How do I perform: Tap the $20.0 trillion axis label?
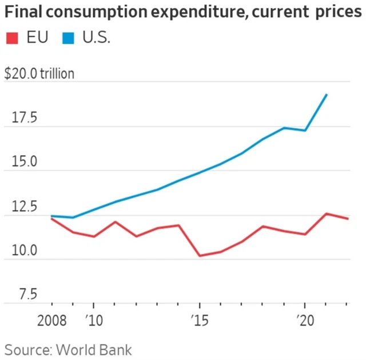click(39, 74)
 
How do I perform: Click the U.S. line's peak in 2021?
click(326, 94)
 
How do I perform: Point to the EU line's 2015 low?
click(200, 255)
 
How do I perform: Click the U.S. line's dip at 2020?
click(305, 130)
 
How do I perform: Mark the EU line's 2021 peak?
click(326, 213)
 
